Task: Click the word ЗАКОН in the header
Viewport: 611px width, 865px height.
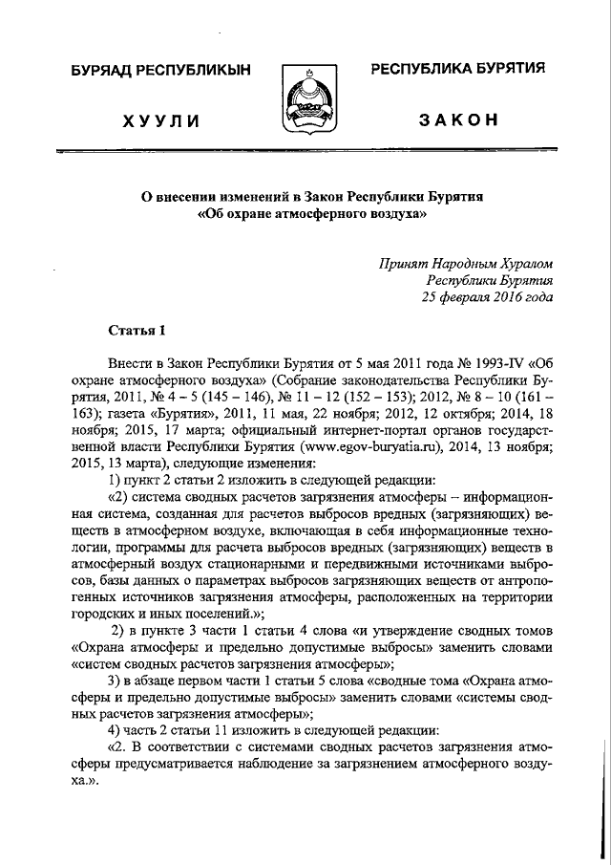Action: [457, 119]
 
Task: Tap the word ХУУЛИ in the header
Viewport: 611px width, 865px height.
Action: [159, 119]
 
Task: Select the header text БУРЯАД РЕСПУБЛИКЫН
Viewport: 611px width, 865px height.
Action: [159, 71]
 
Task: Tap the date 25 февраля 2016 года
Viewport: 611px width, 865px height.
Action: [487, 297]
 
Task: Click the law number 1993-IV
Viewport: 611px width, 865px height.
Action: [502, 365]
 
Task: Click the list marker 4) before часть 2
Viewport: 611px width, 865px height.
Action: [117, 731]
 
